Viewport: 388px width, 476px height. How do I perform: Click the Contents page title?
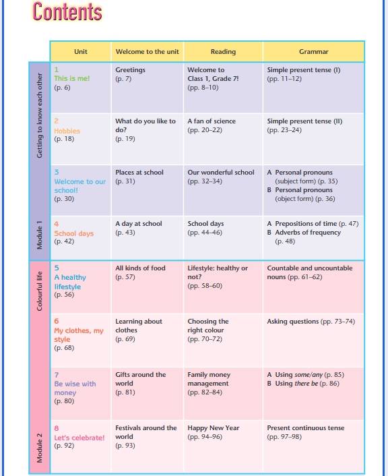(x=67, y=11)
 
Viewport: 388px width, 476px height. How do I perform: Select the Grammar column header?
(x=313, y=52)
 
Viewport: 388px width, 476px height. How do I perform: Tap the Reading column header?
(x=223, y=52)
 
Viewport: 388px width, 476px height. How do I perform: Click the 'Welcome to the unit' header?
(x=147, y=52)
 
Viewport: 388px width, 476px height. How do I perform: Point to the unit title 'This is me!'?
(x=72, y=78)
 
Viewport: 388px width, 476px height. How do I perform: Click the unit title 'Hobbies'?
(x=67, y=131)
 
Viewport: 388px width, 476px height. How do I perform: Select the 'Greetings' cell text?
(x=130, y=70)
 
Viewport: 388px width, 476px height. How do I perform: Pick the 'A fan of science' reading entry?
(x=212, y=121)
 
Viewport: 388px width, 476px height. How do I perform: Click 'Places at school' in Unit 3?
(x=139, y=172)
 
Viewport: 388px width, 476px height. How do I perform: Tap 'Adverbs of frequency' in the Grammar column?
(x=308, y=232)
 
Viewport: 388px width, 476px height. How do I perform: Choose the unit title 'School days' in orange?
(x=73, y=233)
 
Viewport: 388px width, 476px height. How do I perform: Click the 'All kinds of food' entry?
(x=140, y=268)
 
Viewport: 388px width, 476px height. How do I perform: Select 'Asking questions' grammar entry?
(x=293, y=321)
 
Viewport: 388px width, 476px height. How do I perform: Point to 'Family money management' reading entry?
(x=209, y=379)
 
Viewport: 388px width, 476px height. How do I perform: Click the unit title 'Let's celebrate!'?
(x=79, y=438)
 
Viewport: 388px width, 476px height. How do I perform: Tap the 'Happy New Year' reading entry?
(x=214, y=427)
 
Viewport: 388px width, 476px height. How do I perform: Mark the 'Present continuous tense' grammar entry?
(x=306, y=427)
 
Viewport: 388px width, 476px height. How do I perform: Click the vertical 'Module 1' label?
(x=40, y=235)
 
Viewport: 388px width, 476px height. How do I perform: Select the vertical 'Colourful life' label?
(x=40, y=291)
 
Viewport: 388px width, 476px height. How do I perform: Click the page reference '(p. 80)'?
(x=64, y=401)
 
